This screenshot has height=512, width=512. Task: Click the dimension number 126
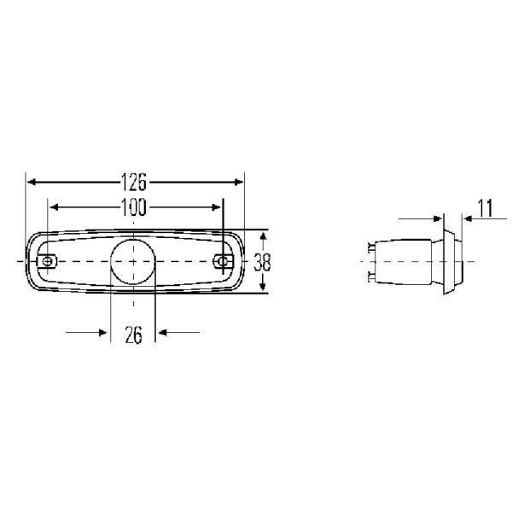pyautogui.click(x=134, y=182)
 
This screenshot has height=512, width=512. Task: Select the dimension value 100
pyautogui.click(x=134, y=207)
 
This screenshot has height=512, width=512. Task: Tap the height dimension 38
pyautogui.click(x=262, y=262)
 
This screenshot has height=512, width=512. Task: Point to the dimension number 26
pyautogui.click(x=134, y=335)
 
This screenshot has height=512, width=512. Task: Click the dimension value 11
pyautogui.click(x=486, y=208)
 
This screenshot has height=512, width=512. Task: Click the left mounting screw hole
pyautogui.click(x=48, y=261)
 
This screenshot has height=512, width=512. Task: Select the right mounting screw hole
pyautogui.click(x=223, y=261)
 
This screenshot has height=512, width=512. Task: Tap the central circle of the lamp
pyautogui.click(x=132, y=261)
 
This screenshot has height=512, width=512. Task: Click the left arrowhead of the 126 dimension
pyautogui.click(x=32, y=182)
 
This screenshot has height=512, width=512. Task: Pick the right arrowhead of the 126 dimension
pyautogui.click(x=239, y=182)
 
